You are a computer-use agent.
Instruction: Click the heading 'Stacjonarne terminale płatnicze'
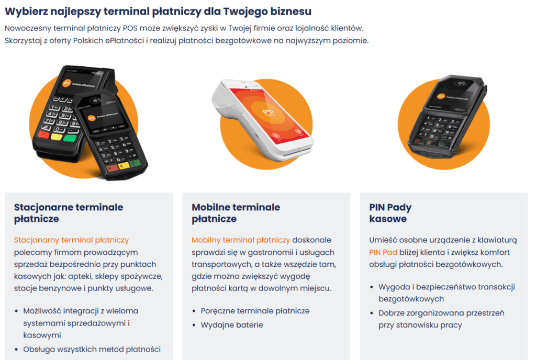69,213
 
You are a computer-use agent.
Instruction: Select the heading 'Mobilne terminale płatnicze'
236,213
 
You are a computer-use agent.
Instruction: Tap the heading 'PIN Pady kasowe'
390,213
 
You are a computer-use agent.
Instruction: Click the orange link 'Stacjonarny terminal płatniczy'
71,240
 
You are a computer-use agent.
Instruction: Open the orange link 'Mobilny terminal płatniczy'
241,240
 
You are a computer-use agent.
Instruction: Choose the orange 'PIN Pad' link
383,252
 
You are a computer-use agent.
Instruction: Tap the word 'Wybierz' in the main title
26,12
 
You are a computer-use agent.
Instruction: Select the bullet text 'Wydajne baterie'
232,325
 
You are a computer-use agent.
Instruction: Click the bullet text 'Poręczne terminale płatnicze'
255,311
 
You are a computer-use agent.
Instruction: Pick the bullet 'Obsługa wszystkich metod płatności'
92,349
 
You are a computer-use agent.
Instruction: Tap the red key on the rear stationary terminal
43,134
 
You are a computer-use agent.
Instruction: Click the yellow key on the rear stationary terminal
57,137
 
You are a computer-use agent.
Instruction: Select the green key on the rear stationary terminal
70,139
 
